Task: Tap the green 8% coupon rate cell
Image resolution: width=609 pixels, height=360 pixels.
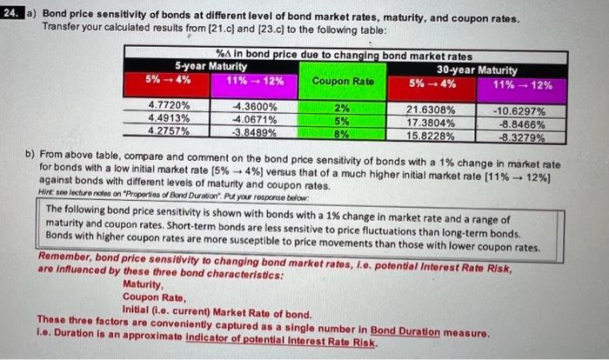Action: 342,134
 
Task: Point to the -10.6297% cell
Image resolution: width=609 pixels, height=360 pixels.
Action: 519,112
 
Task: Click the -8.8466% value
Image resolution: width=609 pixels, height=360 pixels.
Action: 519,124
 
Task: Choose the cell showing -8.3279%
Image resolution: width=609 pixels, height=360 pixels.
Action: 519,137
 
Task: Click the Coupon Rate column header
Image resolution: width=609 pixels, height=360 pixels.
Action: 342,81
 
